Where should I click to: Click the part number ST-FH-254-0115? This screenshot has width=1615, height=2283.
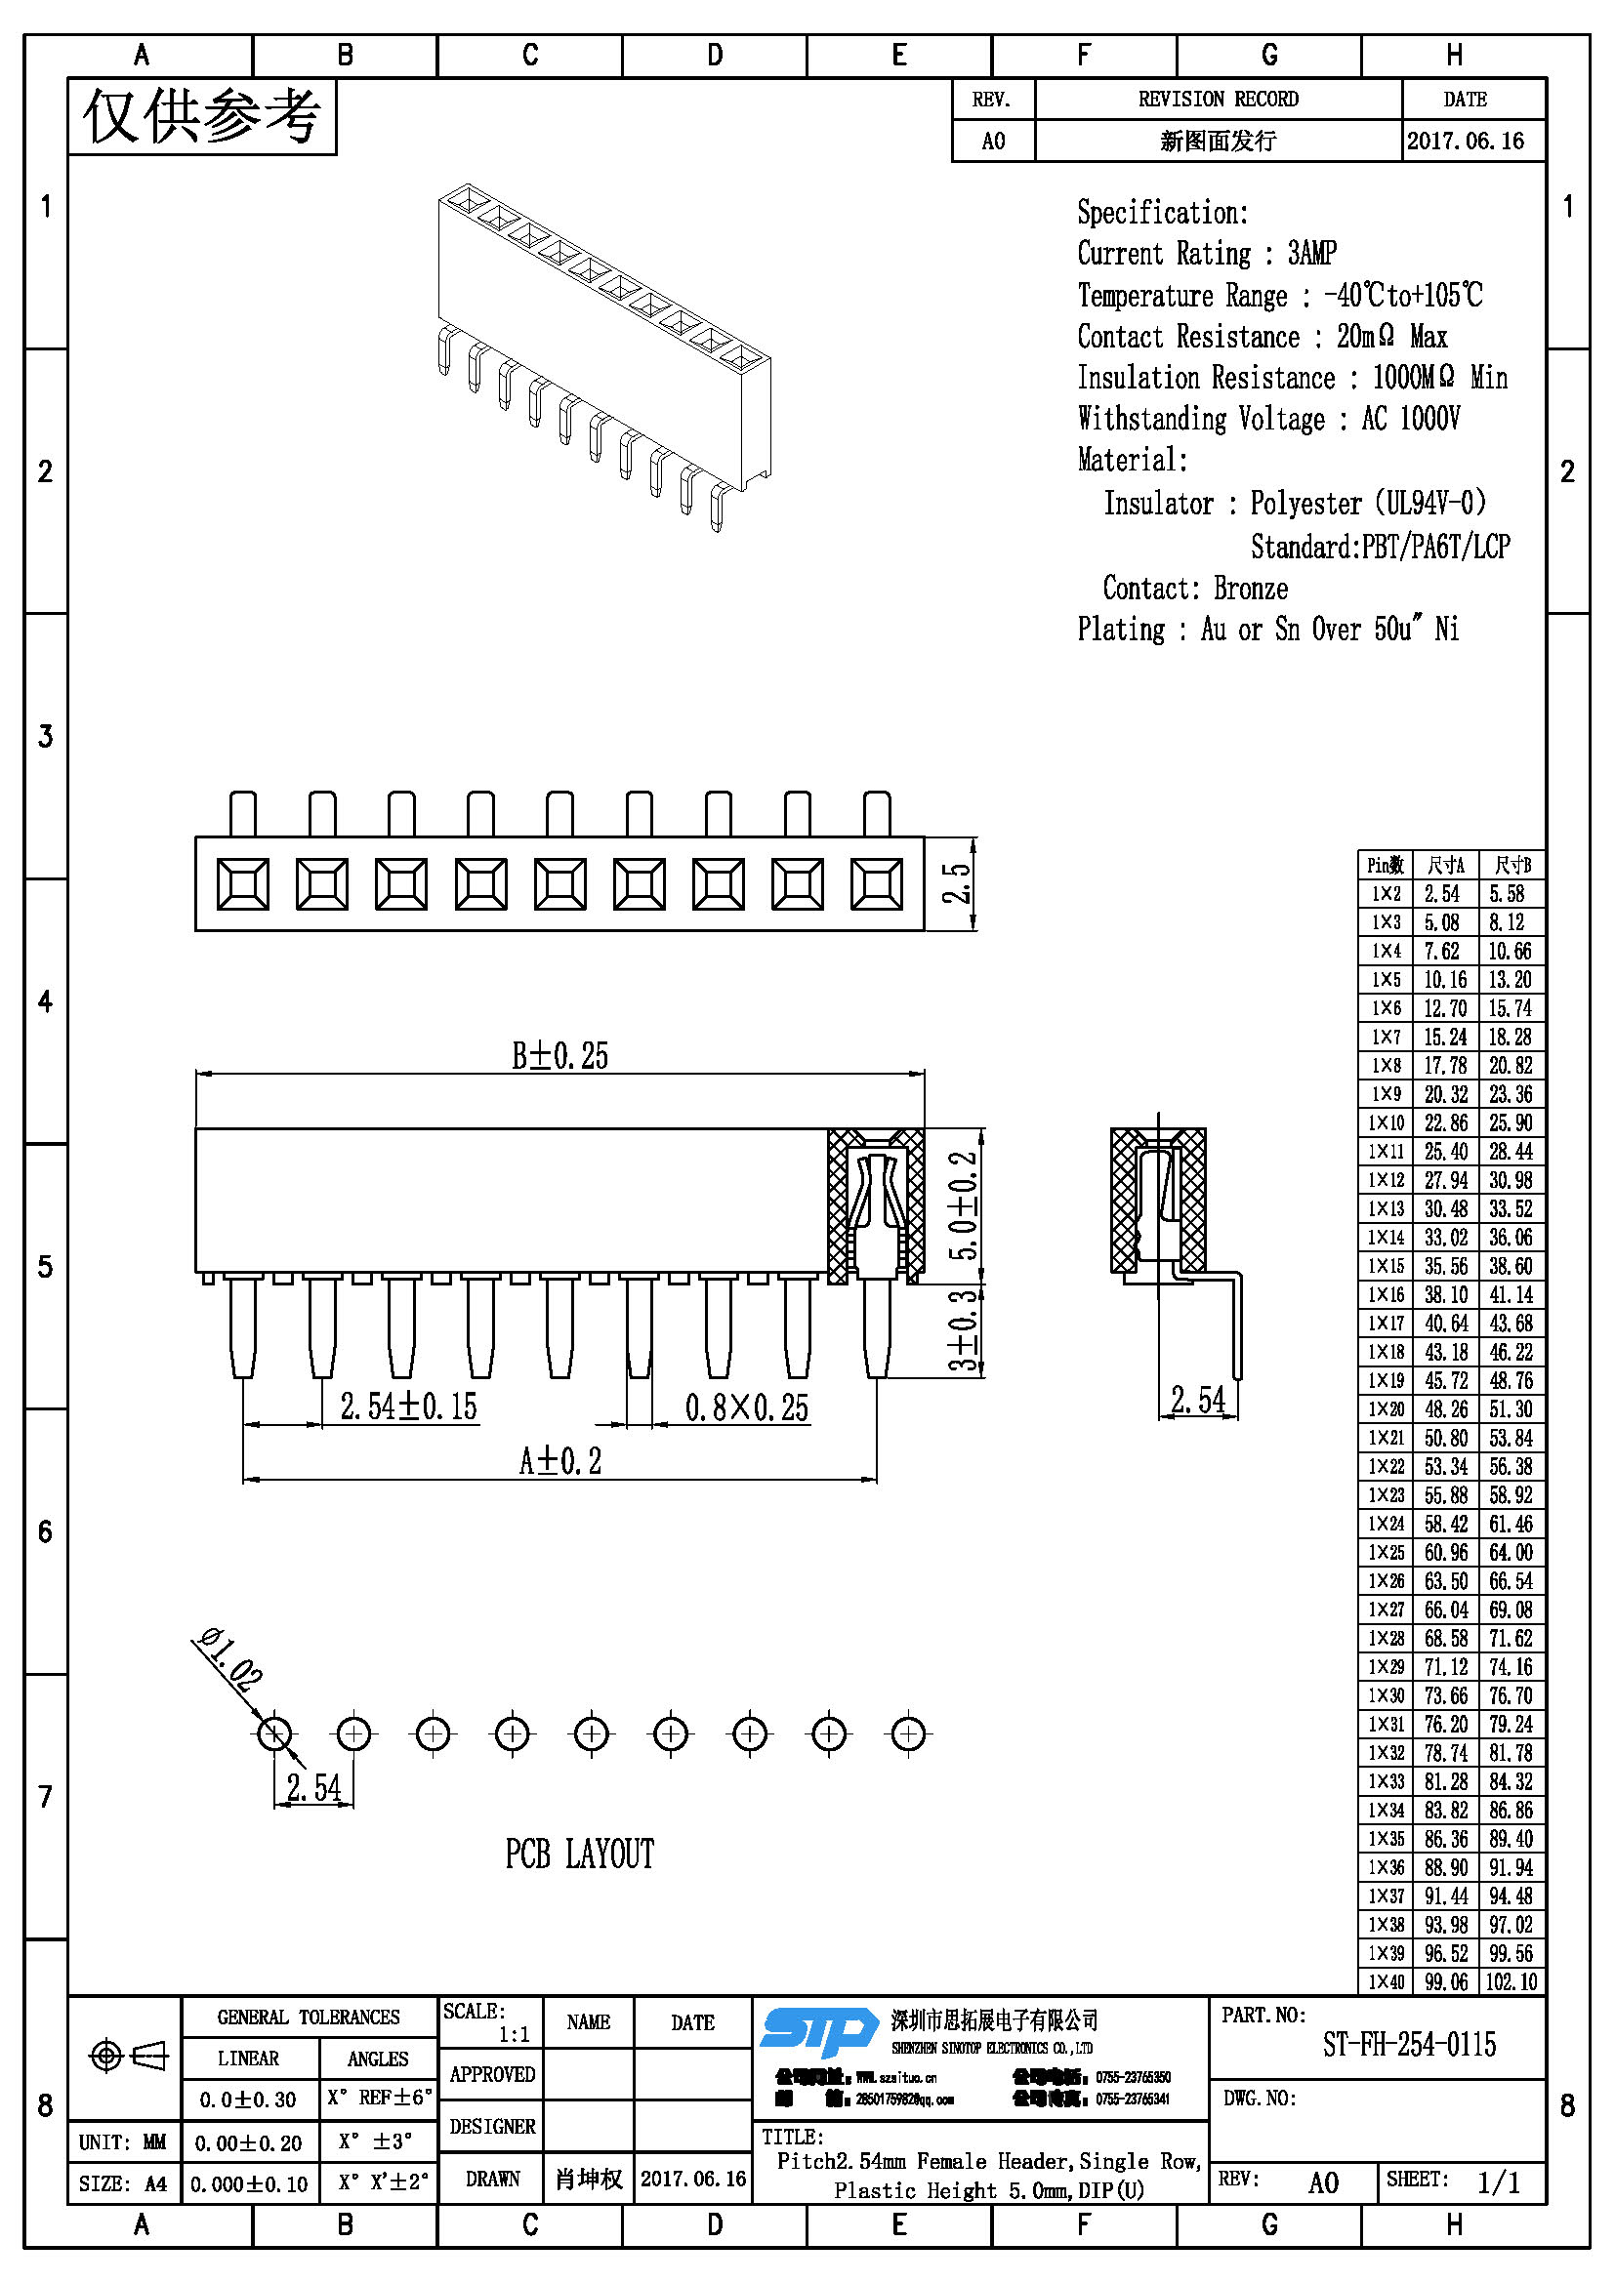click(x=1408, y=2045)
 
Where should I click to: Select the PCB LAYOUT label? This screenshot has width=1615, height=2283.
click(x=580, y=1855)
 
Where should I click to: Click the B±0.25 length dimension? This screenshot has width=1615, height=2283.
click(x=559, y=1056)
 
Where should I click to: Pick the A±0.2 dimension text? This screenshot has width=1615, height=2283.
click(x=559, y=1461)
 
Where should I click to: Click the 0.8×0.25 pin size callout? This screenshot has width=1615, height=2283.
click(x=746, y=1408)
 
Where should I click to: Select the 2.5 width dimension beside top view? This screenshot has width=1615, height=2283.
click(x=956, y=883)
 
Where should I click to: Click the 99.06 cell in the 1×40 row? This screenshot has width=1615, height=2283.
click(x=1446, y=1981)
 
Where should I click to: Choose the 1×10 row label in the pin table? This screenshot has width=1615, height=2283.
click(x=1386, y=1122)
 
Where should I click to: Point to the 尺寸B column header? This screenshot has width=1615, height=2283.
click(x=1511, y=865)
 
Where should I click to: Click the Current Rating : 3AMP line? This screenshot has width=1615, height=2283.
click(x=1206, y=254)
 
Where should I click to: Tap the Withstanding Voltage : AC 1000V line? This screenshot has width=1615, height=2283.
click(x=1268, y=419)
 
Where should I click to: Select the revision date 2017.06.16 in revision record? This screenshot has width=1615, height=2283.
click(x=1466, y=142)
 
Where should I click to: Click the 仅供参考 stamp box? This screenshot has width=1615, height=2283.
click(x=202, y=117)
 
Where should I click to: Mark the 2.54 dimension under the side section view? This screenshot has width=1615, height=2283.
click(x=1197, y=1400)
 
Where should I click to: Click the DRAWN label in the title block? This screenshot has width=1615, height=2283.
click(x=492, y=2179)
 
